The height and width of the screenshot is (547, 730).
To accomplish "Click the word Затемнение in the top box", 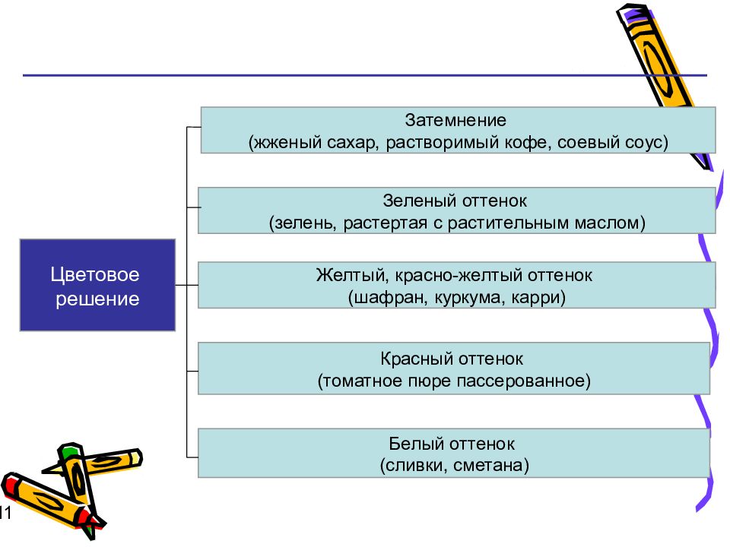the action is (455, 121).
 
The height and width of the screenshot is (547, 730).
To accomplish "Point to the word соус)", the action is (646, 142).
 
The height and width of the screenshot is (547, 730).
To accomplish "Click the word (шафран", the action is (387, 298).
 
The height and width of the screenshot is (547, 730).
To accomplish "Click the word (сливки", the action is (413, 466).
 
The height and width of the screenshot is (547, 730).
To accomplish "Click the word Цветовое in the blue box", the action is (95, 275).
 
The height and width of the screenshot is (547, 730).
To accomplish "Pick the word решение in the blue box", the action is (97, 299).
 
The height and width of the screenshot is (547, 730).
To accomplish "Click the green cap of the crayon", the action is (69, 451).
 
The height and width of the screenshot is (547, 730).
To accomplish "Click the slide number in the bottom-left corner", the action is (5, 513).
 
